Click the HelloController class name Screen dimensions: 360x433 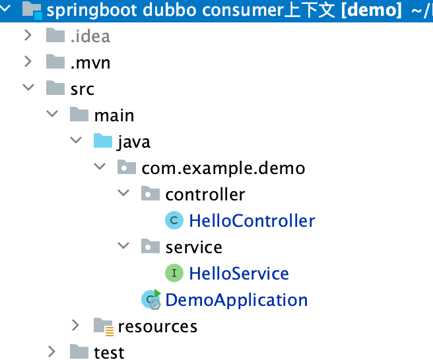[251, 221]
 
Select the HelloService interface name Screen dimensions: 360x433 [238, 274]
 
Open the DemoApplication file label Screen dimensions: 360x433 [236, 300]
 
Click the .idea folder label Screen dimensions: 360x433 [90, 36]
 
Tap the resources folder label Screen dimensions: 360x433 [157, 326]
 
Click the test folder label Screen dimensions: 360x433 [109, 353]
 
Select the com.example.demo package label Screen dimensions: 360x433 [223, 168]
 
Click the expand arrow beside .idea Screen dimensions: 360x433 [28, 36]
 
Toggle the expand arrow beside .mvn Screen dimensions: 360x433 [28, 62]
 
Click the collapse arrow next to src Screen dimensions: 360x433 [28, 88]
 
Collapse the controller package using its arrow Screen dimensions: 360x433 [123, 194]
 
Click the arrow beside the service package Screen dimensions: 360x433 [123, 247]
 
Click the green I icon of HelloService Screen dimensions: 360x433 [174, 273]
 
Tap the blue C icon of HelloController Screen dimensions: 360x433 [174, 220]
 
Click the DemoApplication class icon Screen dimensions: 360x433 [151, 300]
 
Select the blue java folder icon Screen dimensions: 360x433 [103, 141]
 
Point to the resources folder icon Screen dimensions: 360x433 [103, 326]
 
